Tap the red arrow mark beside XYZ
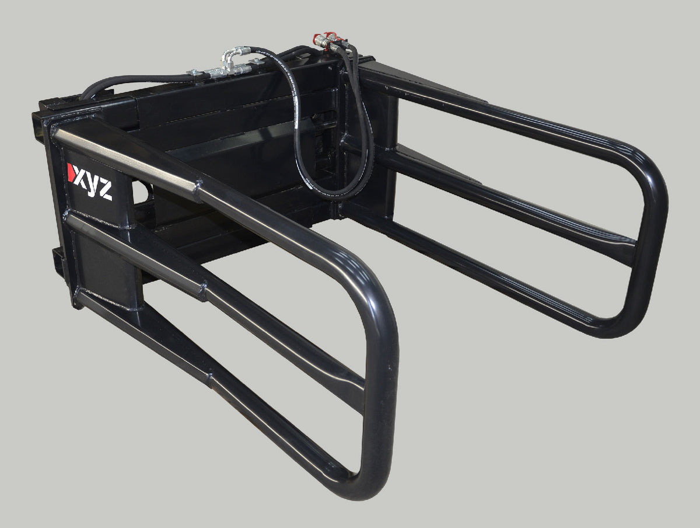pyautogui.click(x=70, y=173)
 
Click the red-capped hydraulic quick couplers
pyautogui.click(x=325, y=40)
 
